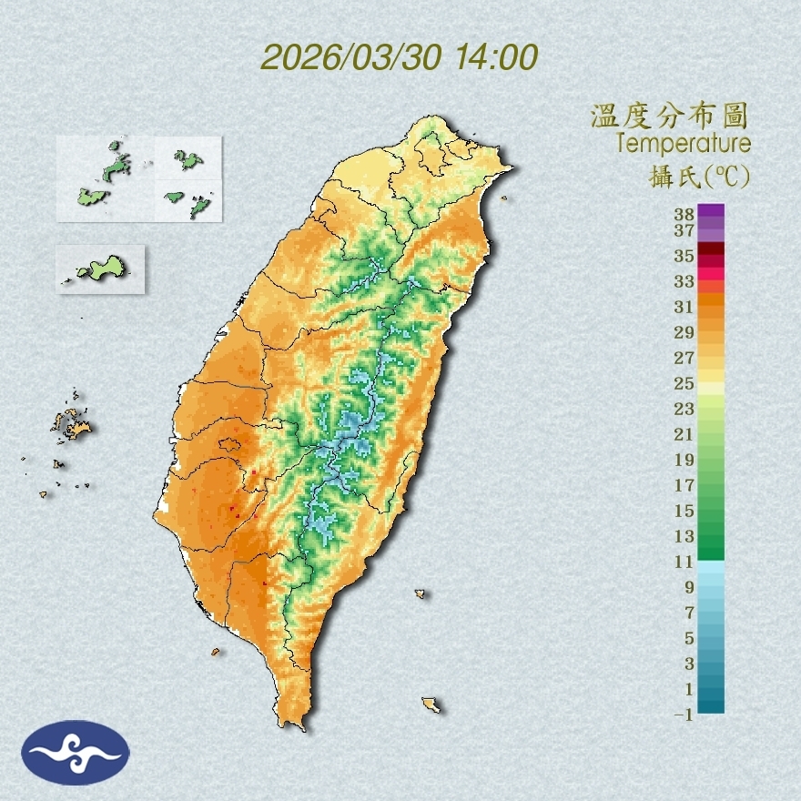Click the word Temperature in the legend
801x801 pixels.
click(683, 144)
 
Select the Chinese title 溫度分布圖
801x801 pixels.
click(669, 116)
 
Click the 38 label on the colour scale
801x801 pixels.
click(684, 215)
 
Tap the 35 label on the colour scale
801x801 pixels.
click(684, 256)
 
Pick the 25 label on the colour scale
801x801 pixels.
click(684, 383)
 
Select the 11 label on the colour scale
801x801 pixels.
click(684, 562)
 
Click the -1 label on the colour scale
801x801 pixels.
click(684, 715)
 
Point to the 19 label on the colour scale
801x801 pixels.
click(684, 460)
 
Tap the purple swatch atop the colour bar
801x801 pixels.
click(711, 210)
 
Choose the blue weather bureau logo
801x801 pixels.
click(76, 752)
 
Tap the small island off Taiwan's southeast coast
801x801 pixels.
click(431, 705)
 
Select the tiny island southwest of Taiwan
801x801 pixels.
click(216, 652)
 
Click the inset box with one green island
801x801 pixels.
click(100, 269)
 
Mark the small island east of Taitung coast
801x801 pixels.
click(421, 593)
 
